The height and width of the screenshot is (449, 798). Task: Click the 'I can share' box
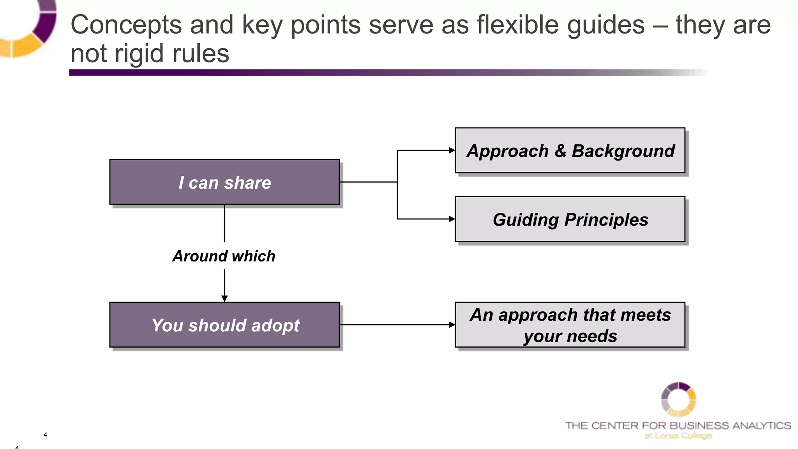tap(224, 182)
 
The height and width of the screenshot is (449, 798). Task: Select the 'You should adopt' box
tap(224, 325)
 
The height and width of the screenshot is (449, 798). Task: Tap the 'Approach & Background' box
tap(570, 150)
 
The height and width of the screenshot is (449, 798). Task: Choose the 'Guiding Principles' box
tap(570, 219)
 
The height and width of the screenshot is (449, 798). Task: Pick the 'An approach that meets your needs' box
tap(570, 325)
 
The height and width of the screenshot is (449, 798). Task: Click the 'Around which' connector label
tap(224, 256)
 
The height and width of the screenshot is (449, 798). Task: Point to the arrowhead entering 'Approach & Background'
tap(452, 150)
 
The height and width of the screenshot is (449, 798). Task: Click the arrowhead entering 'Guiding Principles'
tap(452, 219)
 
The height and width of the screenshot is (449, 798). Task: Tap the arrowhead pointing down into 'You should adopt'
tap(224, 299)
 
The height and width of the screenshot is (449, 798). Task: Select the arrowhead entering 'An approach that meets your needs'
tap(452, 325)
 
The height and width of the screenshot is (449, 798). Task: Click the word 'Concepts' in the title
tap(126, 25)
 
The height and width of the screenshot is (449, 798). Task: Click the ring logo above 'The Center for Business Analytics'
tap(678, 400)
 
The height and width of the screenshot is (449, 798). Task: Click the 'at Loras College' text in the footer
tap(678, 436)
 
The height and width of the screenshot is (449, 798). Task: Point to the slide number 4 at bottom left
tap(45, 435)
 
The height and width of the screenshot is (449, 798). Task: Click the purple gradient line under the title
tap(351, 72)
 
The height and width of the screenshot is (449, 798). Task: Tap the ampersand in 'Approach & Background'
tap(560, 151)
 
